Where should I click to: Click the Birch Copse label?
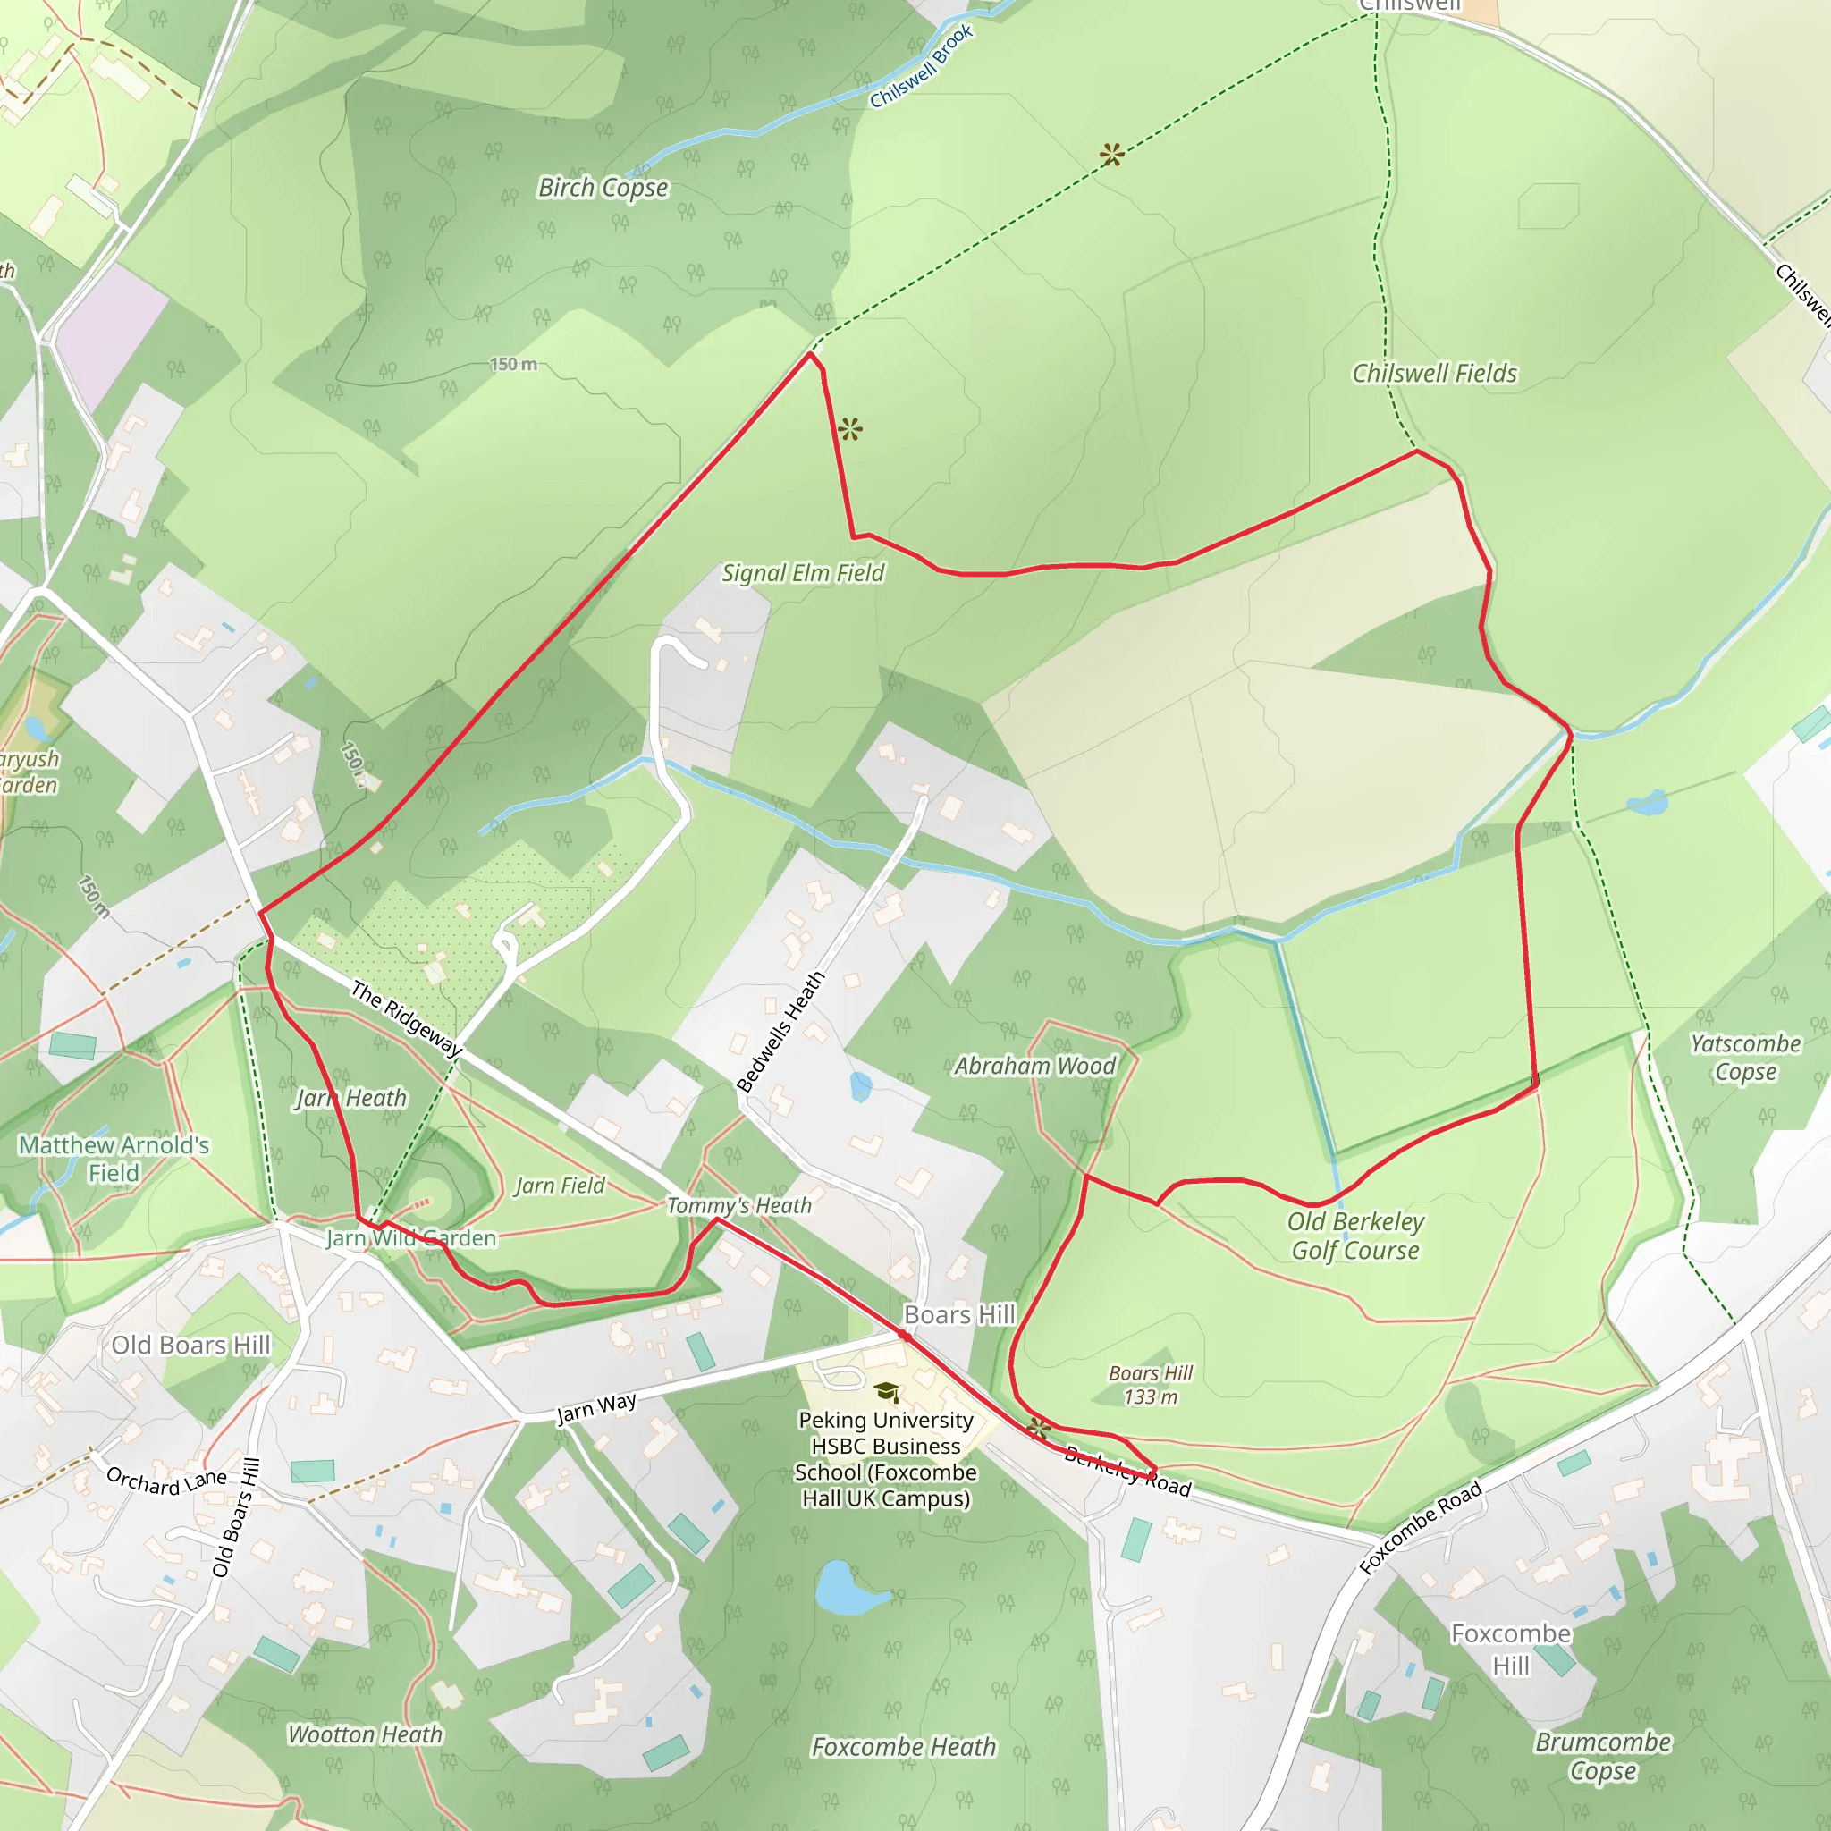click(603, 188)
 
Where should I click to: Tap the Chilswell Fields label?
click(1434, 374)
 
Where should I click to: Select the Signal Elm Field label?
click(803, 572)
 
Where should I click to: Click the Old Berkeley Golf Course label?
click(1355, 1236)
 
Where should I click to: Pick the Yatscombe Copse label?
click(1746, 1058)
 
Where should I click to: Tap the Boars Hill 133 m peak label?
click(1151, 1385)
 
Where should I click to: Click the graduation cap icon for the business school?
click(886, 1391)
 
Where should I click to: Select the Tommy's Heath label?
click(739, 1205)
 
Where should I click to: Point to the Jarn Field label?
click(559, 1186)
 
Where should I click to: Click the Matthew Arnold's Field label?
click(114, 1158)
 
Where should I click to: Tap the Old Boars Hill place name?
click(190, 1345)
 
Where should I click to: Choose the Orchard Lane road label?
click(166, 1481)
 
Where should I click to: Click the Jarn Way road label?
click(596, 1408)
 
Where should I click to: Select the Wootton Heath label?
click(365, 1734)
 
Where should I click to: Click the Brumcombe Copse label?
click(1603, 1756)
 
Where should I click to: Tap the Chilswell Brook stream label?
click(921, 66)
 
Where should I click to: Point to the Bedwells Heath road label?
click(780, 1031)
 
